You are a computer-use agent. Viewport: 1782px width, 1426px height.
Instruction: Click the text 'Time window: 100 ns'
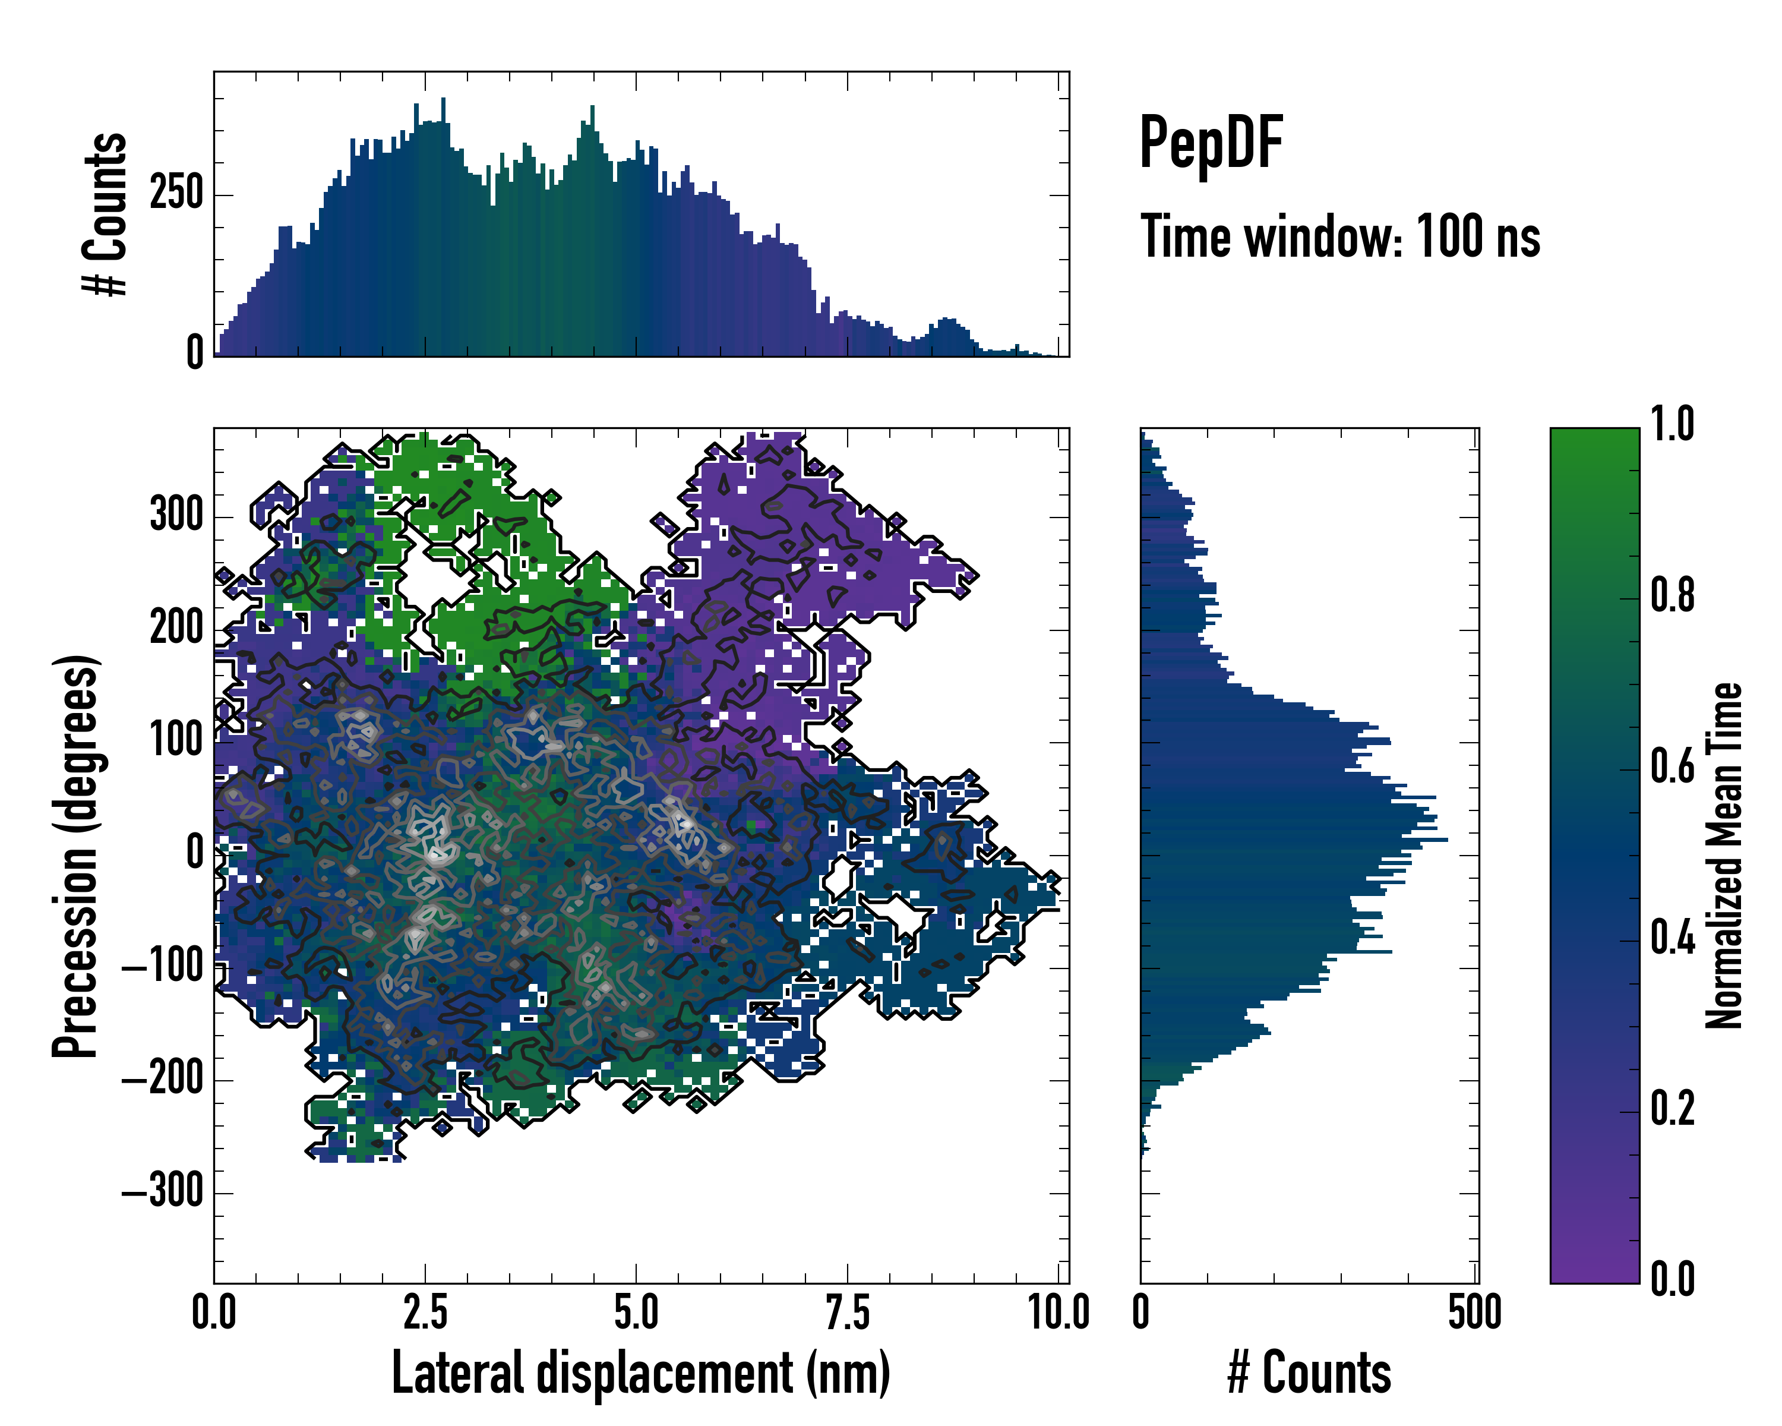coord(1340,236)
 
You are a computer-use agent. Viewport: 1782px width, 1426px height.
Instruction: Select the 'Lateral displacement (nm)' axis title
coord(640,1373)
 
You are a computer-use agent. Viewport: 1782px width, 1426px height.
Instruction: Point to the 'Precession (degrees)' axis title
coord(75,856)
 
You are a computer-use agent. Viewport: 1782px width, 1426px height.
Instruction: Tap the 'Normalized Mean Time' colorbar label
coord(1724,856)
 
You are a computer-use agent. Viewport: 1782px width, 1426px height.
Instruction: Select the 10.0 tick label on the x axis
coord(1059,1313)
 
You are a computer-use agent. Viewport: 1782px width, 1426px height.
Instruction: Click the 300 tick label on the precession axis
coord(176,515)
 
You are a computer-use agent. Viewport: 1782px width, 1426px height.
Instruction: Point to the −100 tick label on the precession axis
coord(163,966)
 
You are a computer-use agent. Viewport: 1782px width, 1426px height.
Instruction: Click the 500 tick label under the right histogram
coord(1474,1313)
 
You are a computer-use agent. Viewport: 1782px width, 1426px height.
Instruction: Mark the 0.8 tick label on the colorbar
coord(1672,595)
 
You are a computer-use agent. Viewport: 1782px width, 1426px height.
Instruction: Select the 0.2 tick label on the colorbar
coord(1672,1108)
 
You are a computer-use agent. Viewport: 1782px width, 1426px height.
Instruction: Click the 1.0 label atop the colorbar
coord(1672,424)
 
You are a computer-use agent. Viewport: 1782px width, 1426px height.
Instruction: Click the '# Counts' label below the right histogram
coord(1309,1373)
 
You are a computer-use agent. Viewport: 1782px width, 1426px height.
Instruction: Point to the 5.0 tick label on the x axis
coord(636,1313)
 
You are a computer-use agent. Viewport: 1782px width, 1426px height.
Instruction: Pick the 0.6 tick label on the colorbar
coord(1672,766)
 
